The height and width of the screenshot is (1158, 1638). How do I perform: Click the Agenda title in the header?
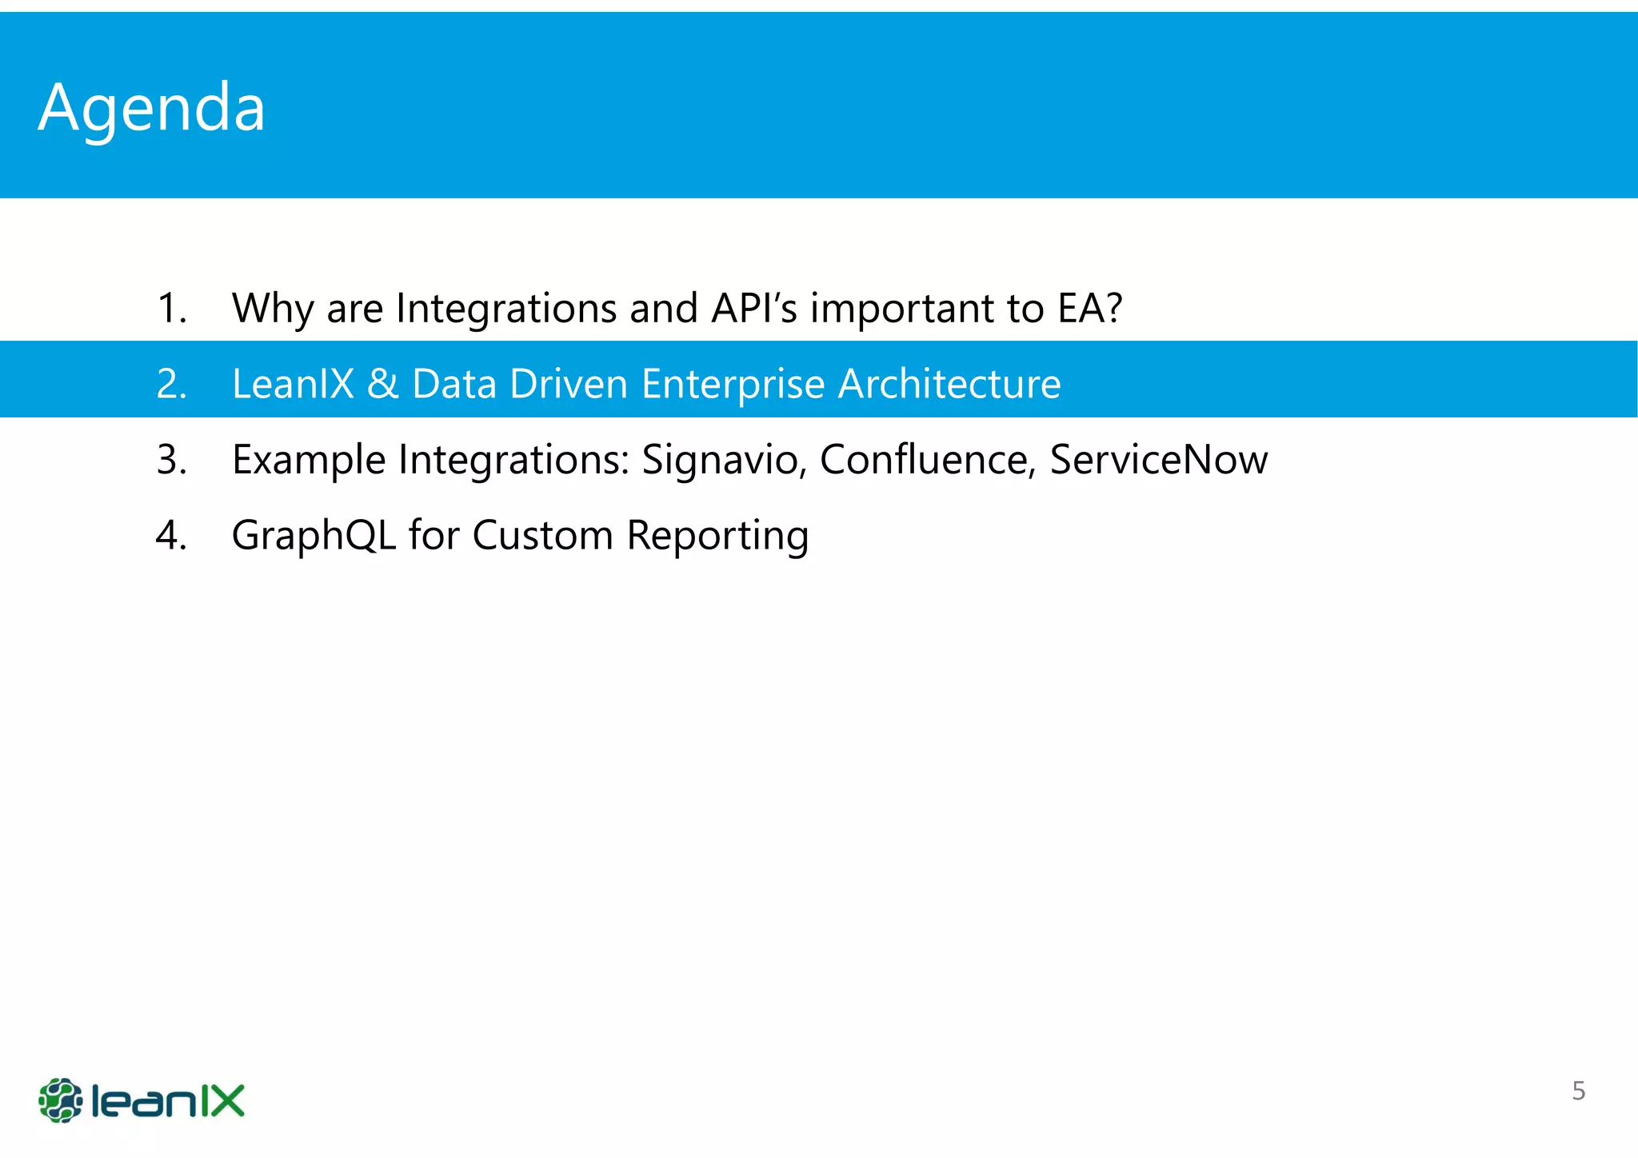(x=151, y=108)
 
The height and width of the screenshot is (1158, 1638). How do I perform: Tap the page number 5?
(x=1578, y=1091)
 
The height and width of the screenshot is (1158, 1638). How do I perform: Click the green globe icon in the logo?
(x=61, y=1100)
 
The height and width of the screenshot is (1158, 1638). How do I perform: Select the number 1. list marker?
(x=171, y=309)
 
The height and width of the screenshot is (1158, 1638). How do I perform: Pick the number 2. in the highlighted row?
(x=171, y=384)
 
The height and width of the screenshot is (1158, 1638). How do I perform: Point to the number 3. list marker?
(x=171, y=460)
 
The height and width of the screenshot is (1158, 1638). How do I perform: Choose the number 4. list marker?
(x=171, y=535)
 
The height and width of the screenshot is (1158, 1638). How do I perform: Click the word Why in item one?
(x=271, y=309)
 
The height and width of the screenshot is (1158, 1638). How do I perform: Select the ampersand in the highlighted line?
(x=382, y=384)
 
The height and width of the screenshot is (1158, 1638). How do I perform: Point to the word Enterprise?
(x=733, y=384)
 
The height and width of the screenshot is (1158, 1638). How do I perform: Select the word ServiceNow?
(x=1158, y=460)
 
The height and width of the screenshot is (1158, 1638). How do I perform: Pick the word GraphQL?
(x=314, y=535)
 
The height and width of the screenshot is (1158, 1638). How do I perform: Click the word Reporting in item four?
(x=717, y=535)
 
